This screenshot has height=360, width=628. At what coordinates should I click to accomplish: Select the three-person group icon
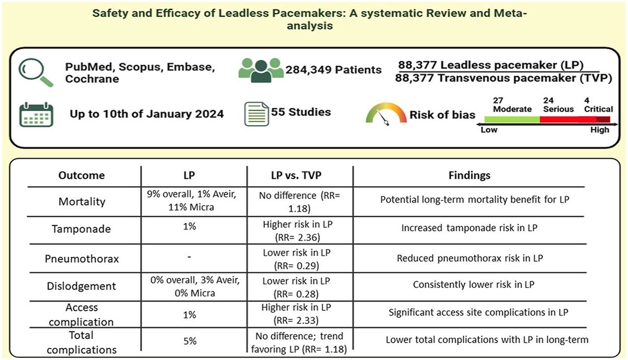tap(261, 70)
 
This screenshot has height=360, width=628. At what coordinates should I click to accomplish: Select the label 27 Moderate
tap(512, 105)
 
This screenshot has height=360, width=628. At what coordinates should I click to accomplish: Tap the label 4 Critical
tap(598, 105)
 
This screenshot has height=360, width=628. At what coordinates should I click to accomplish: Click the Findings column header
tap(469, 175)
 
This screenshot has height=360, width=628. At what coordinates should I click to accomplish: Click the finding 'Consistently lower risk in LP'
tap(469, 285)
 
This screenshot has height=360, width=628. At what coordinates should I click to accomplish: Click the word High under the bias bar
tap(600, 130)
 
